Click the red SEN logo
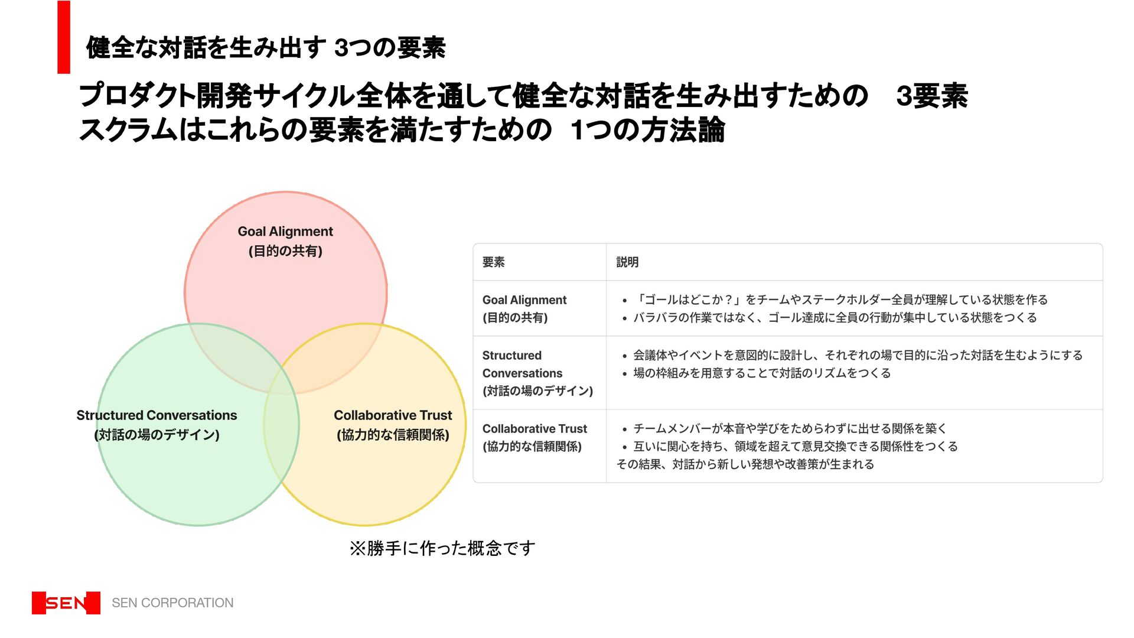pos(66,603)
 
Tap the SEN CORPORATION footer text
pos(172,603)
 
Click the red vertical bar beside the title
pos(64,37)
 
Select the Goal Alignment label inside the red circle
pos(285,241)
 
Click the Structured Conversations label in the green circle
pos(157,425)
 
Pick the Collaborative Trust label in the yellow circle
pos(393,425)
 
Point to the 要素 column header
pos(493,262)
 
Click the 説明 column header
pos(627,262)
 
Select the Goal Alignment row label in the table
pos(524,308)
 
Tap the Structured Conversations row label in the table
pos(537,373)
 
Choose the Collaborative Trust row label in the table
pos(535,437)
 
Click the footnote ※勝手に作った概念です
pos(442,548)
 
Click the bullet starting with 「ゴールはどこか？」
pos(840,300)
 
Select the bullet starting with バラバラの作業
pos(835,318)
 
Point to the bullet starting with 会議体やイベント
pos(858,355)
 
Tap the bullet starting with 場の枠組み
pos(761,373)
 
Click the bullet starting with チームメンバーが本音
pos(790,428)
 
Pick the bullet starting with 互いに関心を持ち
pos(795,447)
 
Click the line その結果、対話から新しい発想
pos(745,464)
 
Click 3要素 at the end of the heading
pos(931,96)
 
